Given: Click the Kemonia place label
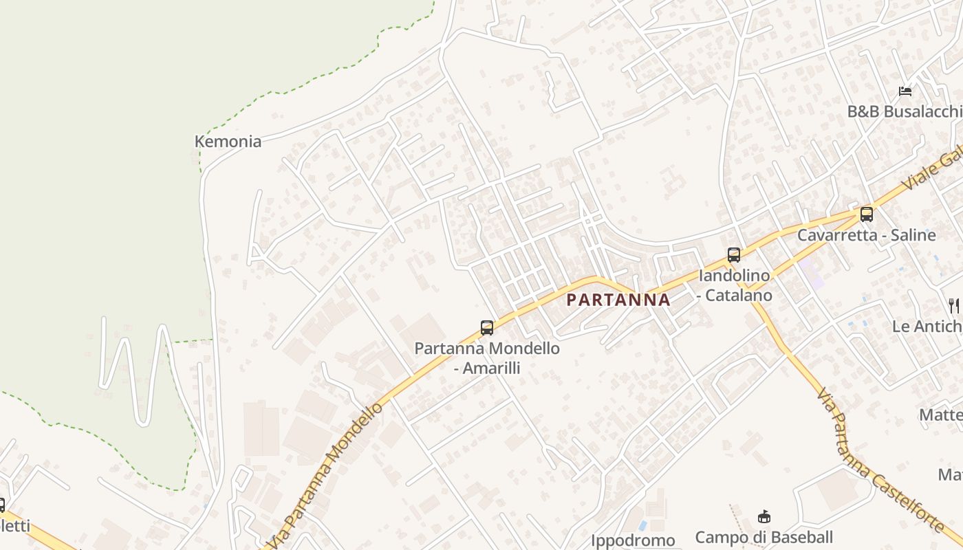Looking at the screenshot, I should click(x=228, y=142).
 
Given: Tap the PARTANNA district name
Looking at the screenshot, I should click(x=618, y=300).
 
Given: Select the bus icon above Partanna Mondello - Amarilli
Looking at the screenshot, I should click(x=487, y=327).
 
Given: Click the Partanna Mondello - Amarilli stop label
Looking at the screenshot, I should click(x=487, y=358).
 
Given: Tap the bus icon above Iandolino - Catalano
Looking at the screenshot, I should click(x=734, y=255).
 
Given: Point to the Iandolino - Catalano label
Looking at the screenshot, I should click(x=734, y=285).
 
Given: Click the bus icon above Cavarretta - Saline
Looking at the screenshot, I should click(x=867, y=214).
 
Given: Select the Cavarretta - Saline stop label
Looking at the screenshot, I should click(x=867, y=235).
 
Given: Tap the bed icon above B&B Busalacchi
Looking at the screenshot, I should click(x=905, y=91).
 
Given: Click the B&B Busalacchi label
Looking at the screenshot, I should click(x=904, y=111).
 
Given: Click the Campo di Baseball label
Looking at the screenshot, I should click(x=764, y=537).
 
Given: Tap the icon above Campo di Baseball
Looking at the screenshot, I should click(x=764, y=516).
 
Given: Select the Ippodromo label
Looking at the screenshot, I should click(x=633, y=540).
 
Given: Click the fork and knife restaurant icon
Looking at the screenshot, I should click(x=953, y=305).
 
